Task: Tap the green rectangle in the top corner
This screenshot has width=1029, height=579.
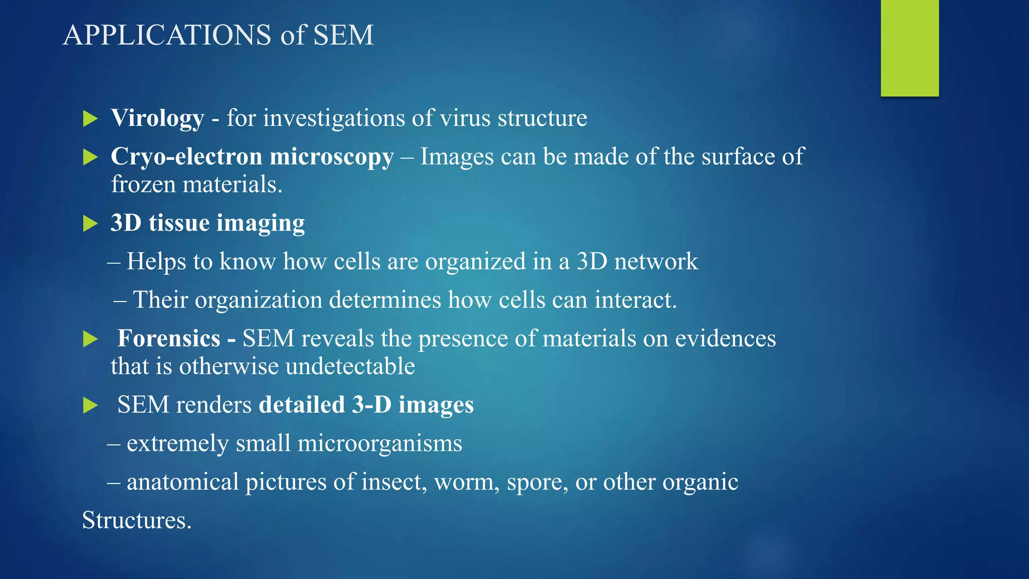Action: [x=909, y=48]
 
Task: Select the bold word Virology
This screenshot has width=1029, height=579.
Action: [x=157, y=119]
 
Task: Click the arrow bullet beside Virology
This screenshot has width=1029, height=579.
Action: [x=90, y=119]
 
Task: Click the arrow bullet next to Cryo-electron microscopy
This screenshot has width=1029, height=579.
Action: [x=90, y=157]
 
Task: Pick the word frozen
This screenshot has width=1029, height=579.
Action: [x=143, y=184]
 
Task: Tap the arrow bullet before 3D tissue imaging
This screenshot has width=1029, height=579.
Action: [x=90, y=224]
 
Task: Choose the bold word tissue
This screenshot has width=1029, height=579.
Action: [x=179, y=223]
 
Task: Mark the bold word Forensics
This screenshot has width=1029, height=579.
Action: [x=169, y=339]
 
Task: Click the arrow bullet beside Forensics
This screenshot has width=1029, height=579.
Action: [x=90, y=339]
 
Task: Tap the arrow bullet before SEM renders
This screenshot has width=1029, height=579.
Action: [x=90, y=405]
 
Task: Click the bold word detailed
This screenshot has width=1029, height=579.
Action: [x=301, y=405]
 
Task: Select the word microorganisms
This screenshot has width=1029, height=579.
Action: [x=379, y=444]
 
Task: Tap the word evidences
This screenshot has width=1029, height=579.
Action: [x=725, y=339]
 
